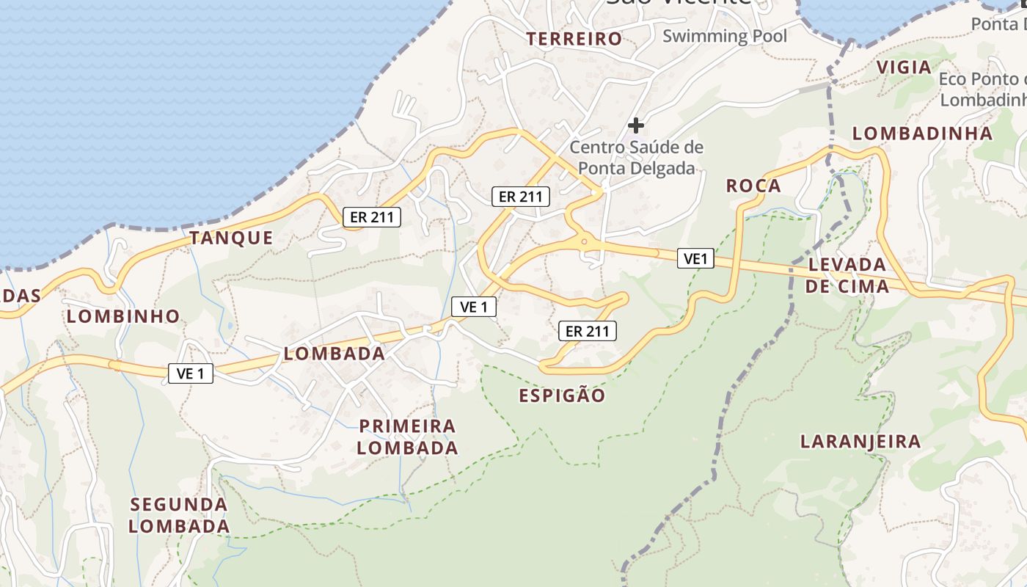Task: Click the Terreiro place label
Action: pyautogui.click(x=574, y=39)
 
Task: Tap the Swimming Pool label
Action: pyautogui.click(x=725, y=36)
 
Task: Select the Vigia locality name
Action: pyautogui.click(x=904, y=68)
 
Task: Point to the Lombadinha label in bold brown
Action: pyautogui.click(x=923, y=134)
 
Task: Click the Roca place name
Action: pyautogui.click(x=753, y=186)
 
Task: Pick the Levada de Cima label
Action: pyautogui.click(x=847, y=275)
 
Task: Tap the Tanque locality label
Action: pyautogui.click(x=231, y=238)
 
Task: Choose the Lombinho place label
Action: pyautogui.click(x=123, y=316)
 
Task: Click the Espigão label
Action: pyautogui.click(x=563, y=396)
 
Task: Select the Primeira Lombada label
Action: pyautogui.click(x=408, y=437)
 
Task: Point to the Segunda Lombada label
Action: pyautogui.click(x=180, y=515)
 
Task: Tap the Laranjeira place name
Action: pyautogui.click(x=860, y=442)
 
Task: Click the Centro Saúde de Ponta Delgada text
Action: pyautogui.click(x=637, y=158)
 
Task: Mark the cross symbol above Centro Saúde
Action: pyautogui.click(x=636, y=125)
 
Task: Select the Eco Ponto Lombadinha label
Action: pyautogui.click(x=983, y=89)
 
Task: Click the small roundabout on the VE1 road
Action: pyautogui.click(x=584, y=240)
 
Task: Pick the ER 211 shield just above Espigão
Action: pyautogui.click(x=587, y=332)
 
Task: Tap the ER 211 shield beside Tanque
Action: pyautogui.click(x=372, y=217)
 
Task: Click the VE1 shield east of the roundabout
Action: pyautogui.click(x=695, y=258)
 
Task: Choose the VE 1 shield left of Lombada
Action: pyautogui.click(x=191, y=373)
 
